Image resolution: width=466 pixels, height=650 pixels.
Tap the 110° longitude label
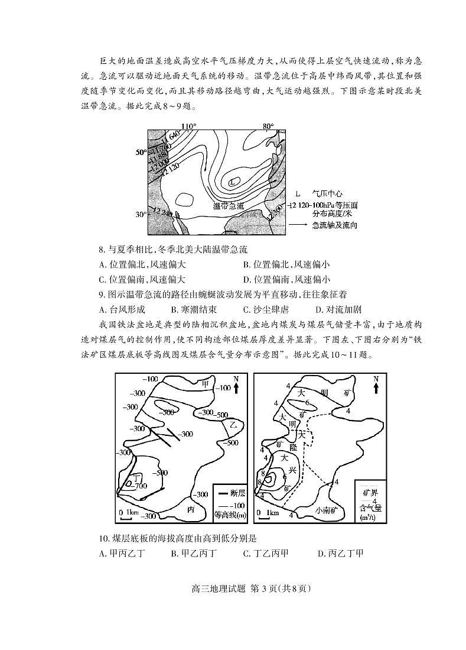[188, 127]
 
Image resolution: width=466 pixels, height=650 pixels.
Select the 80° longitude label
[269, 127]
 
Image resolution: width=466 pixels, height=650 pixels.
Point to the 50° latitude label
[141, 153]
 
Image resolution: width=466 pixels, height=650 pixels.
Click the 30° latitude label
[141, 215]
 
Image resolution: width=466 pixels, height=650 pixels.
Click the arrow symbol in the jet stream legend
[299, 225]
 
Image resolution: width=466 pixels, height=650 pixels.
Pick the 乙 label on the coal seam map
[233, 425]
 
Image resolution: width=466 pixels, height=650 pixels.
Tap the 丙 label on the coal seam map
[191, 509]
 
